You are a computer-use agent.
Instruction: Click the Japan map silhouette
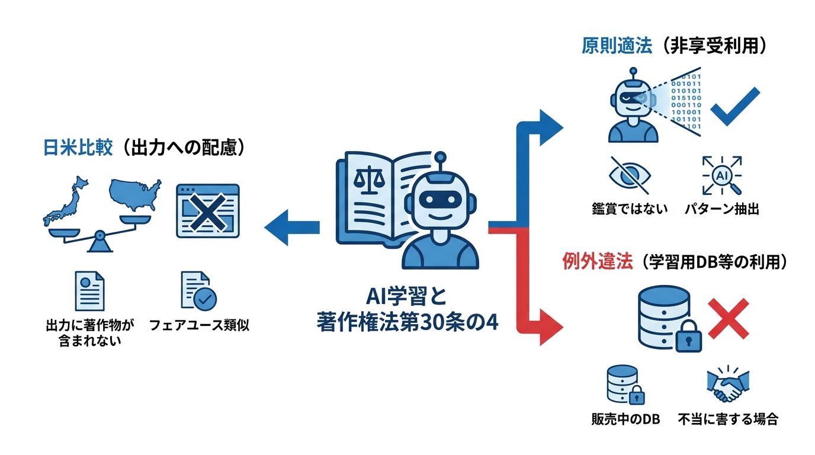click(67, 201)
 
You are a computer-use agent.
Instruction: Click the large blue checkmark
click(734, 107)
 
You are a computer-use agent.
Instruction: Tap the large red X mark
click(729, 319)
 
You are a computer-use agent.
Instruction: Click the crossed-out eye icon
click(630, 175)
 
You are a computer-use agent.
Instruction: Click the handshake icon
click(728, 386)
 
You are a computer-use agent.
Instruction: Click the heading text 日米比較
click(78, 148)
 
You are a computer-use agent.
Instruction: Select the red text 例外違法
click(596, 262)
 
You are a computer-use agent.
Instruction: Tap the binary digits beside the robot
click(688, 101)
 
